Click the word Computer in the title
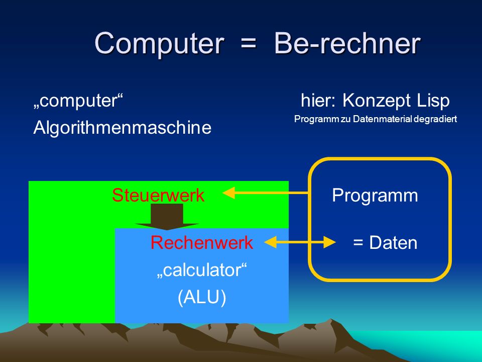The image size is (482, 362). click(159, 43)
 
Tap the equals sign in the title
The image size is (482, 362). click(249, 43)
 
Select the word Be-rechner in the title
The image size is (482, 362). click(347, 43)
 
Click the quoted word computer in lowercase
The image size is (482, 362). click(78, 101)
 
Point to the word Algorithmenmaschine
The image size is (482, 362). click(123, 127)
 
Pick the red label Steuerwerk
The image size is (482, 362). click(158, 195)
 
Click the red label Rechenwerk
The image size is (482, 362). click(202, 242)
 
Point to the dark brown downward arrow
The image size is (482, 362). click(167, 217)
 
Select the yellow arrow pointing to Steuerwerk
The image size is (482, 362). click(265, 193)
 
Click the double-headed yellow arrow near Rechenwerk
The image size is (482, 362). click(300, 242)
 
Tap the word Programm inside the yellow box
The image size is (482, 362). click(375, 195)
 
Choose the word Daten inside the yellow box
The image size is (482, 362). click(393, 242)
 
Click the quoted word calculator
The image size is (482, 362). click(202, 270)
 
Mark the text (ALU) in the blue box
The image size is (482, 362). click(202, 297)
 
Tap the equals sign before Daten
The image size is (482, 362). click(358, 242)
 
